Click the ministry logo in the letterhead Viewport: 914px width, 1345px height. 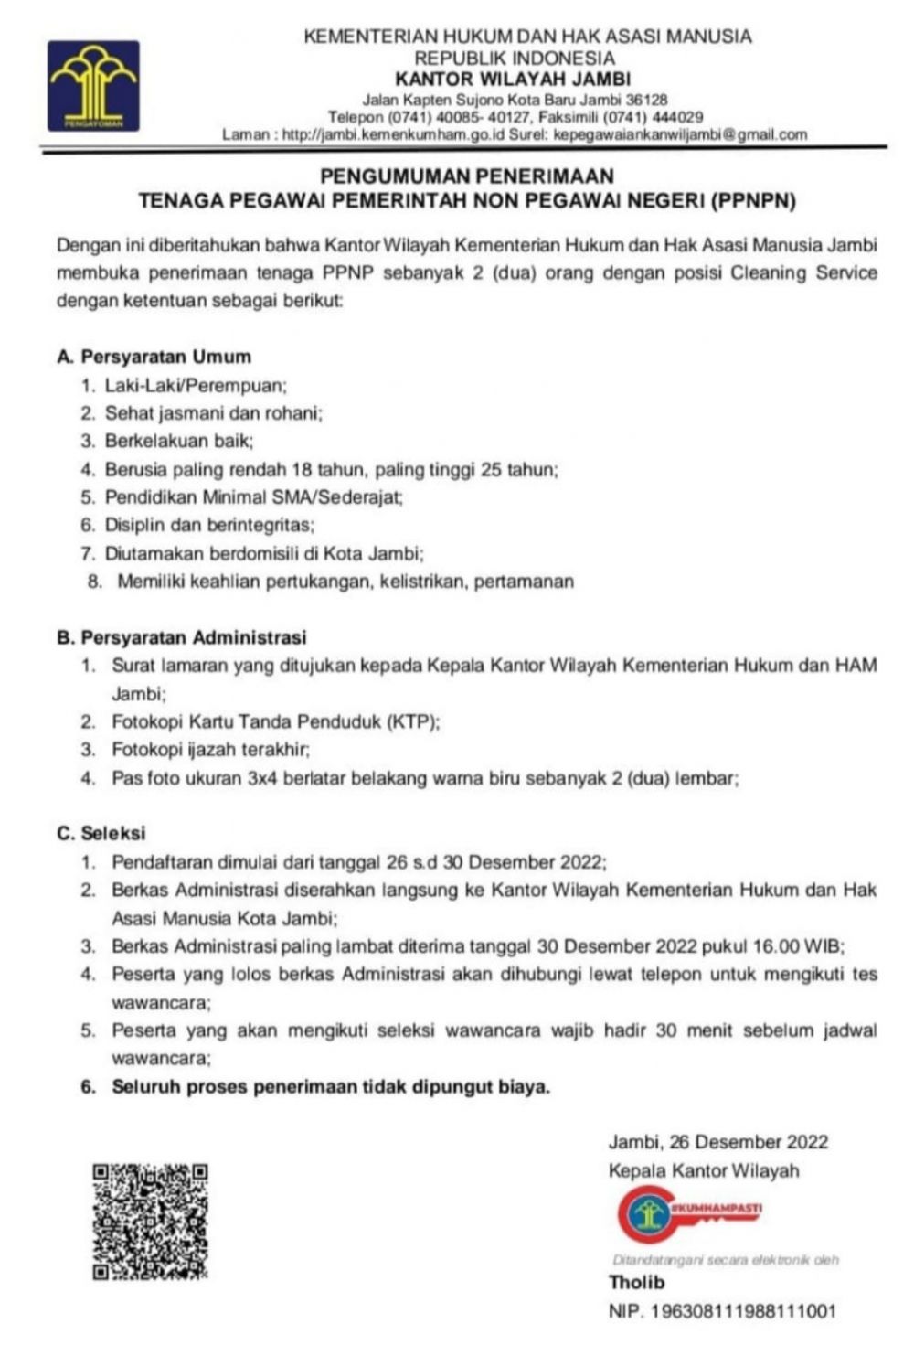[x=94, y=85]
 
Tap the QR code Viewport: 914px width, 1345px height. [x=150, y=1221]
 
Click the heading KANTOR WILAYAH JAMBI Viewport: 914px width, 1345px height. [x=513, y=79]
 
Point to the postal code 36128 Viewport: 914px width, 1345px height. [x=646, y=99]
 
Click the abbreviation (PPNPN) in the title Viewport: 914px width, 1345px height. [x=752, y=200]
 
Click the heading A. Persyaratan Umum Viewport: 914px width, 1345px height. [x=154, y=357]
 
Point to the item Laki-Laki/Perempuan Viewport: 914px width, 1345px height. [x=196, y=385]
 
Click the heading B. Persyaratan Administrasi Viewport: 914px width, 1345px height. [x=182, y=637]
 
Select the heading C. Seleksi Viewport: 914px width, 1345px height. [x=101, y=833]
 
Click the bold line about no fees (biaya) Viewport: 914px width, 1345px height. [x=331, y=1087]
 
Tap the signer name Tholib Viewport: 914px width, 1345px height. [x=637, y=1282]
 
